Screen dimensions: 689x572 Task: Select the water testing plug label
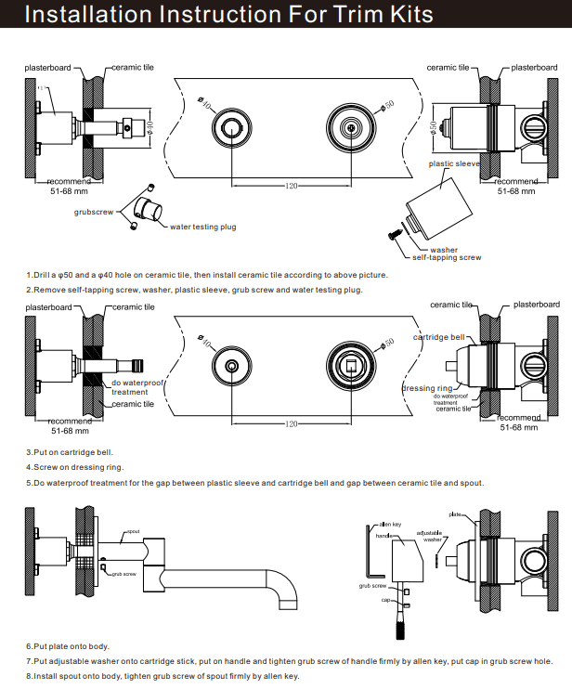[x=201, y=227]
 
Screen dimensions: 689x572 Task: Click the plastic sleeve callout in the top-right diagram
[x=452, y=163]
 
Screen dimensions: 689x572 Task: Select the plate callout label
[x=455, y=513]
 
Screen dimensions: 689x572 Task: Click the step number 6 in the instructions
[x=29, y=645]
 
